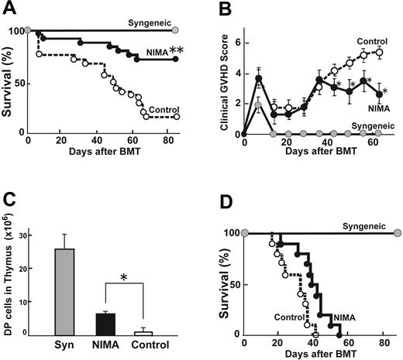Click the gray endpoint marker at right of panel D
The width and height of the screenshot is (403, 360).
coord(397,233)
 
